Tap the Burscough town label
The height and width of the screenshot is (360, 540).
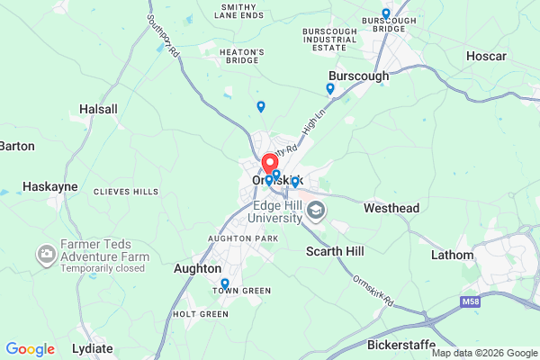coord(359,76)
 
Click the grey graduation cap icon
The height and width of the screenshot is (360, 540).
coord(316,211)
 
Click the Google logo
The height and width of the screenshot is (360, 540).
coord(31,349)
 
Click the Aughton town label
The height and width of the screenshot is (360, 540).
coord(197,268)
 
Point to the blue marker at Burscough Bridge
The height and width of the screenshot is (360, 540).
coord(386,13)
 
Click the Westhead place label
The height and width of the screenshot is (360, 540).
coord(391,208)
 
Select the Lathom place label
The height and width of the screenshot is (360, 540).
coord(452,255)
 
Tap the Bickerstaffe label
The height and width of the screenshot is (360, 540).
coord(401,344)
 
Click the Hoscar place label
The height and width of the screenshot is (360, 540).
coord(487,56)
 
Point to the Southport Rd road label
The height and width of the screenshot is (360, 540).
coord(163,37)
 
